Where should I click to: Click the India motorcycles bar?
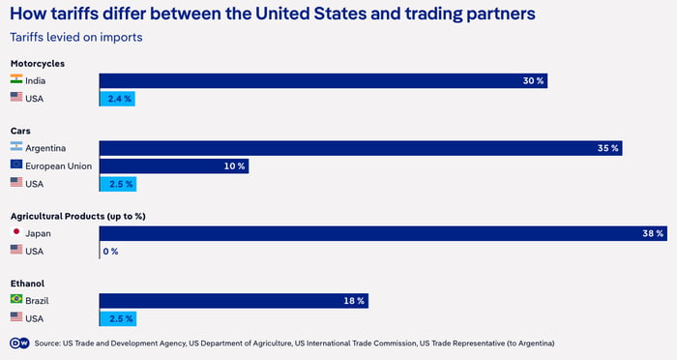pos(323,81)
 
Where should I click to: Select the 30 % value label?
pos(534,81)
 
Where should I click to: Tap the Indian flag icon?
pos(16,81)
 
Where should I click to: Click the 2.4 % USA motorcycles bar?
pos(117,98)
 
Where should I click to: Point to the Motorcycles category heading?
pos(38,63)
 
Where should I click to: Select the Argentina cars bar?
pos(360,148)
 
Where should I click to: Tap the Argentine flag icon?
pos(16,148)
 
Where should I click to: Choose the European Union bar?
pos(174,165)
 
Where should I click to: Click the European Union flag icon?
pos(16,165)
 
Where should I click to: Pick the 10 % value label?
pos(235,165)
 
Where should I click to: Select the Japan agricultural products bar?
pos(383,233)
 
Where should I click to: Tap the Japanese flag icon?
pos(16,233)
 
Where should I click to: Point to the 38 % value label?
pos(653,233)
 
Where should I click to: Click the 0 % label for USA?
pos(110,251)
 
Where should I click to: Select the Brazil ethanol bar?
pos(234,301)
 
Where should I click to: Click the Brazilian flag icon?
pos(16,301)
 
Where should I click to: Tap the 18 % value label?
pos(354,301)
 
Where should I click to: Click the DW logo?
pos(17,343)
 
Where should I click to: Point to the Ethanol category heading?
pos(26,284)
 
